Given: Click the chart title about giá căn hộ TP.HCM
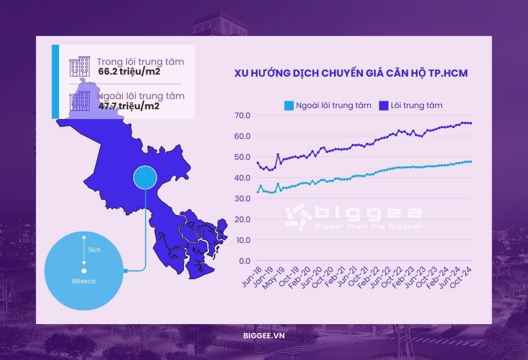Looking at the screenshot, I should coord(351,73).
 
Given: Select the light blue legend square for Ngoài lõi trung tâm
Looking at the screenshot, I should coord(288,106).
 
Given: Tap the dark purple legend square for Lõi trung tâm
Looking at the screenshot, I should coord(383,106).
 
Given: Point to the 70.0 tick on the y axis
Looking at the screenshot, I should coord(242,115).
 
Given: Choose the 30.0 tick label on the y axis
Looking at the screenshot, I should coord(242,199).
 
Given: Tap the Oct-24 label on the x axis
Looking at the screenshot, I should coord(462,275).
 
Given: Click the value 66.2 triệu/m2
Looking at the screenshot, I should coord(129,72).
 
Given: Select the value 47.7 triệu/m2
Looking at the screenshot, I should coord(129,106).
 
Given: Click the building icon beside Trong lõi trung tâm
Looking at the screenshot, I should coord(79,66).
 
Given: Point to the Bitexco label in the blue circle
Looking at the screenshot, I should coord(84,281).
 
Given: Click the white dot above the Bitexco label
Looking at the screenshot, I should coord(84,271).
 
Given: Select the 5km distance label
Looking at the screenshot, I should coord(94,250).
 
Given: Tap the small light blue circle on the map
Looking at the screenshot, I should coord(145,178).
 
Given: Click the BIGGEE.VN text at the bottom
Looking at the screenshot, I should coord(264,336).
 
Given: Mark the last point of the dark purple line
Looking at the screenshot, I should coord(471,123).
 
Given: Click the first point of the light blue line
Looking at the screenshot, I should coord(257,192).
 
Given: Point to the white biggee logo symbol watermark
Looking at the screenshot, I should coord(298,216).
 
